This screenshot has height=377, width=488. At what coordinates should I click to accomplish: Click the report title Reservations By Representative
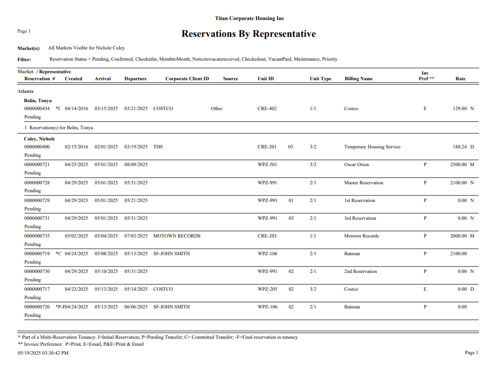[249, 34]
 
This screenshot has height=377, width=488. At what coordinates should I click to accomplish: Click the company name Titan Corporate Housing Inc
[250, 18]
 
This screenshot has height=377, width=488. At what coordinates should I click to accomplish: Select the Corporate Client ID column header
[187, 79]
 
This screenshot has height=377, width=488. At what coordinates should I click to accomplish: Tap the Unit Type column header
[320, 79]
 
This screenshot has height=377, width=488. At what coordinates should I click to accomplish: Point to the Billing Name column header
[359, 79]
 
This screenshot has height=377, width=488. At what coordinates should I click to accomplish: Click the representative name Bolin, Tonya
[38, 101]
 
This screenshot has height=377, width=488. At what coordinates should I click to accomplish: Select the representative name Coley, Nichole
[40, 139]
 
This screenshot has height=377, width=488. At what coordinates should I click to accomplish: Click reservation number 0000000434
[37, 109]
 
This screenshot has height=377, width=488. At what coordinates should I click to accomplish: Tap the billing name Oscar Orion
[356, 165]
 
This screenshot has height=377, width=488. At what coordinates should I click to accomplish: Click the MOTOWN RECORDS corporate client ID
[177, 236]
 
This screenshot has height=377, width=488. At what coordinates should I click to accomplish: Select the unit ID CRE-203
[267, 236]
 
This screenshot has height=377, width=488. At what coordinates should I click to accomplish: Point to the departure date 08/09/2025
[136, 165]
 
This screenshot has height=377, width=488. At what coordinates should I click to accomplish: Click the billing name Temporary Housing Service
[372, 147]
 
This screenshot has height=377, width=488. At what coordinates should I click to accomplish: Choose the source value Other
[217, 109]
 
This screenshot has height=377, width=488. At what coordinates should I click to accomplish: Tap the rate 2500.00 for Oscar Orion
[459, 165]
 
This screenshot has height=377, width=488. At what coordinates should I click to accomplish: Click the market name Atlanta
[25, 91]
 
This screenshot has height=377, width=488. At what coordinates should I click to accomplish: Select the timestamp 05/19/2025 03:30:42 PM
[43, 353]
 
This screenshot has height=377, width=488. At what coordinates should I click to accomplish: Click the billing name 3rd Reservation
[360, 218]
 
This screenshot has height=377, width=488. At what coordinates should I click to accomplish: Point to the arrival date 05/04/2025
[106, 236]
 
